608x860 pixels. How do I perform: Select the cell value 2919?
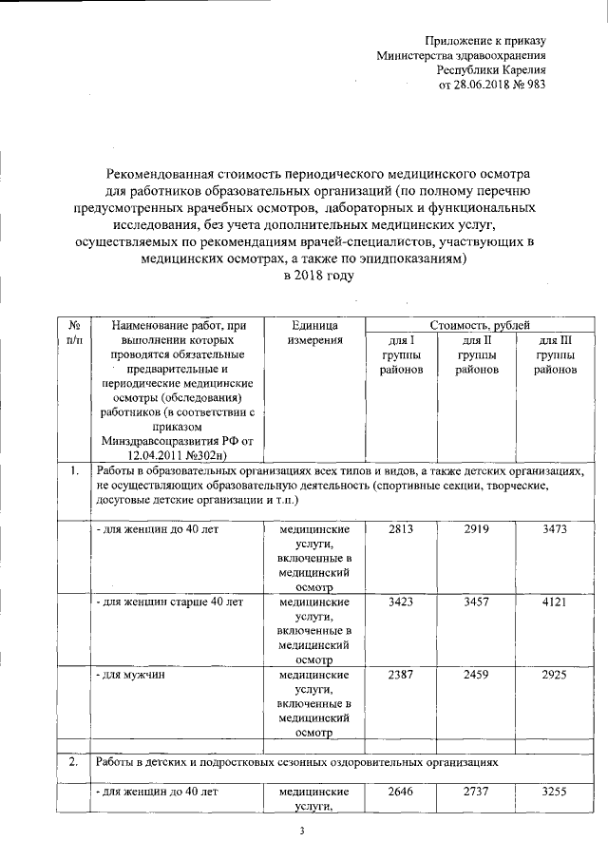476,528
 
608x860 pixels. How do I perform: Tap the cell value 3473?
555,528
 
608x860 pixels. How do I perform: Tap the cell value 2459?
476,675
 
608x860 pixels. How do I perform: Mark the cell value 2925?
555,675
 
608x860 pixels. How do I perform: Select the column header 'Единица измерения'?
310,333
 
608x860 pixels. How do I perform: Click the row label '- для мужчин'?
128,675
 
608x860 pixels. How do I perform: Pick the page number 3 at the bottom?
302,833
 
